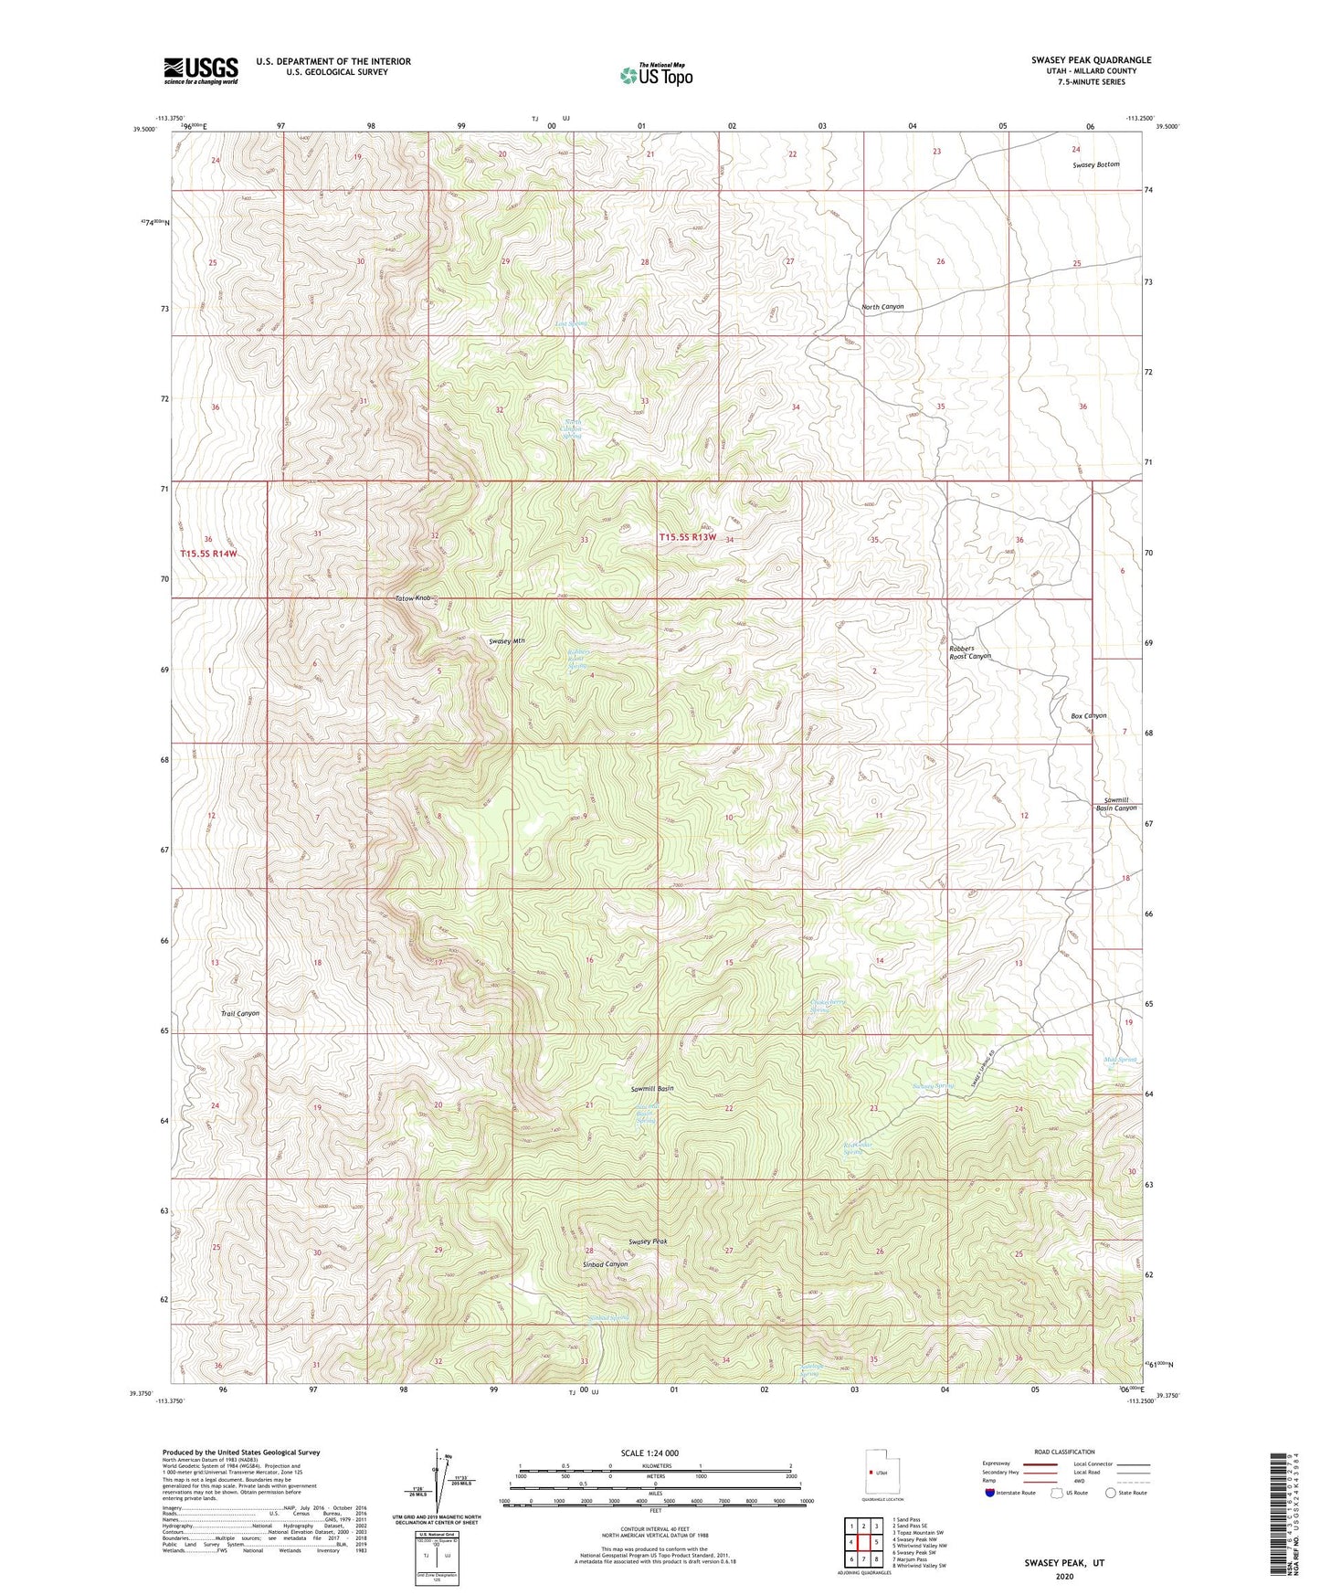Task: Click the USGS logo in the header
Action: click(201, 69)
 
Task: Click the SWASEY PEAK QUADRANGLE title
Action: click(1091, 60)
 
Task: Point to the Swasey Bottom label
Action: click(1095, 164)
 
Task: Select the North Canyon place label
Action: click(882, 307)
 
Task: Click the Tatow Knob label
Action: click(412, 598)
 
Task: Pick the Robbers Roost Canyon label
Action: click(969, 652)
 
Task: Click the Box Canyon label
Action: click(1088, 715)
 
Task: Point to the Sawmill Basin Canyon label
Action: click(1115, 804)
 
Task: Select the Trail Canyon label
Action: click(240, 1013)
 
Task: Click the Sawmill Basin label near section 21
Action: click(652, 1089)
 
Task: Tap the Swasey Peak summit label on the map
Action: click(649, 1241)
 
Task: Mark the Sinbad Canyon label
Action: click(605, 1264)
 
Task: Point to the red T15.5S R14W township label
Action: click(208, 554)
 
